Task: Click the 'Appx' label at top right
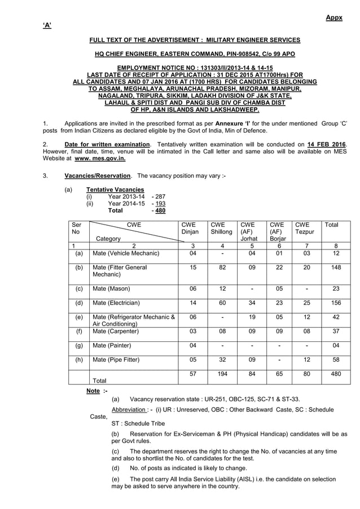click(334, 18)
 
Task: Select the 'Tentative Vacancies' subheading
click(115, 189)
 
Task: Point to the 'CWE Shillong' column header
click(221, 228)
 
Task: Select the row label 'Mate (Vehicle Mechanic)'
click(126, 253)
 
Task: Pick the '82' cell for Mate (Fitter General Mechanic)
click(222, 267)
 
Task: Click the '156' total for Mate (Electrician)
click(336, 303)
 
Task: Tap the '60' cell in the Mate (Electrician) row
click(222, 303)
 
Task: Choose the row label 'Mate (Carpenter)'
click(116, 331)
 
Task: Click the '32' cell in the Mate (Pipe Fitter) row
click(222, 359)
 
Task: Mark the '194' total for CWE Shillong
click(222, 374)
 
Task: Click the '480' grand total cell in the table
click(336, 374)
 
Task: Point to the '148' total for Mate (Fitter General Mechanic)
click(336, 267)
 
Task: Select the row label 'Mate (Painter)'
click(112, 345)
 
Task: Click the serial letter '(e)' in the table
click(79, 317)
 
